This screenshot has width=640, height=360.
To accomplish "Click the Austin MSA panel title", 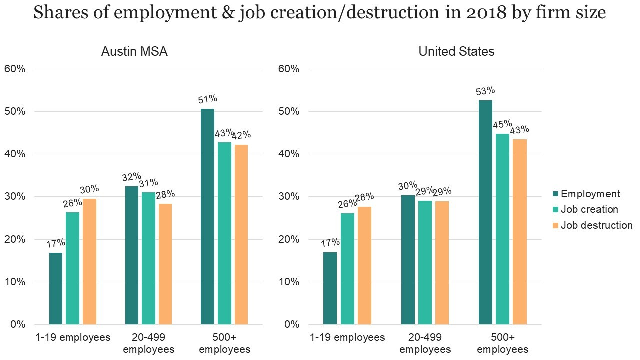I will pos(134,51).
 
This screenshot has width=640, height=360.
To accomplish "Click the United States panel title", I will pos(456,51).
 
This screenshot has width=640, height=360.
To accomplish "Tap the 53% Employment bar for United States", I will pos(485,212).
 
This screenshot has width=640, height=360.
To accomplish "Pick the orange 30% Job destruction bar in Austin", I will pos(89,261).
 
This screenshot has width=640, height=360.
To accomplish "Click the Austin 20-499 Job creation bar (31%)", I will pos(148,258).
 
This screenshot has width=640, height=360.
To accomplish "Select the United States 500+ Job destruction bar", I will pos(520,232).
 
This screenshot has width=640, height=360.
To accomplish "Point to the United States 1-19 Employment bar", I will pos(330,288).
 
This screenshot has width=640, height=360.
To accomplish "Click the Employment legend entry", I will pos(590,194).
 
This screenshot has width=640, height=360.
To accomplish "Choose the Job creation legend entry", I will pos(589,209).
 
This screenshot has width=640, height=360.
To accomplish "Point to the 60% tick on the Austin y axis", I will pos(15,69).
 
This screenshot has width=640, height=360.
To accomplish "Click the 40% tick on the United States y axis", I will pos(289,154).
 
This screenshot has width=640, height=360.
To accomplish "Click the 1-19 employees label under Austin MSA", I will pos(73,337).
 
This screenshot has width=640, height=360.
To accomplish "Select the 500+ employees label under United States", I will pos(503,343).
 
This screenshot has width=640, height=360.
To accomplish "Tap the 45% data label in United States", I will pos(503,124).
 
